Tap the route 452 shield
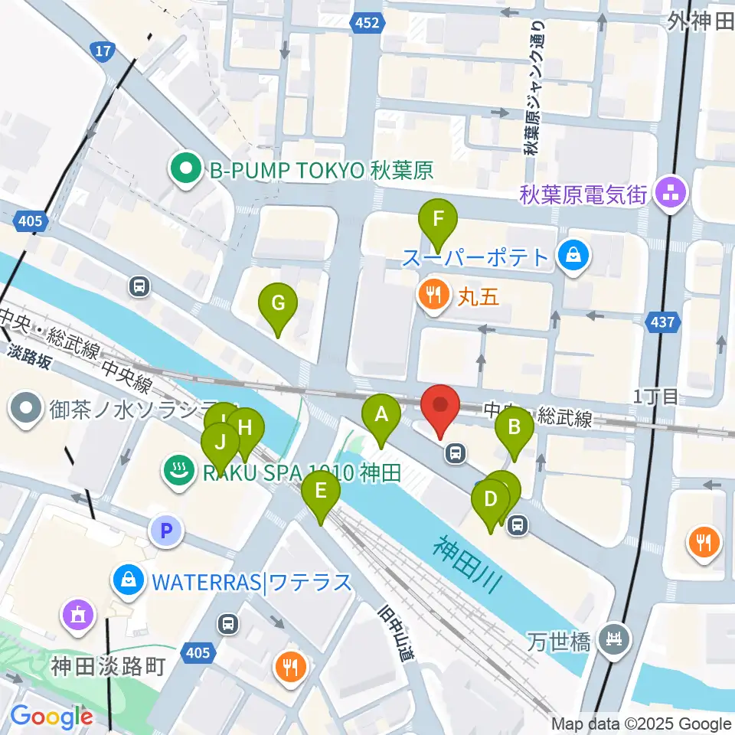click(367, 23)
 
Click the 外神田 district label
click(700, 21)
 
